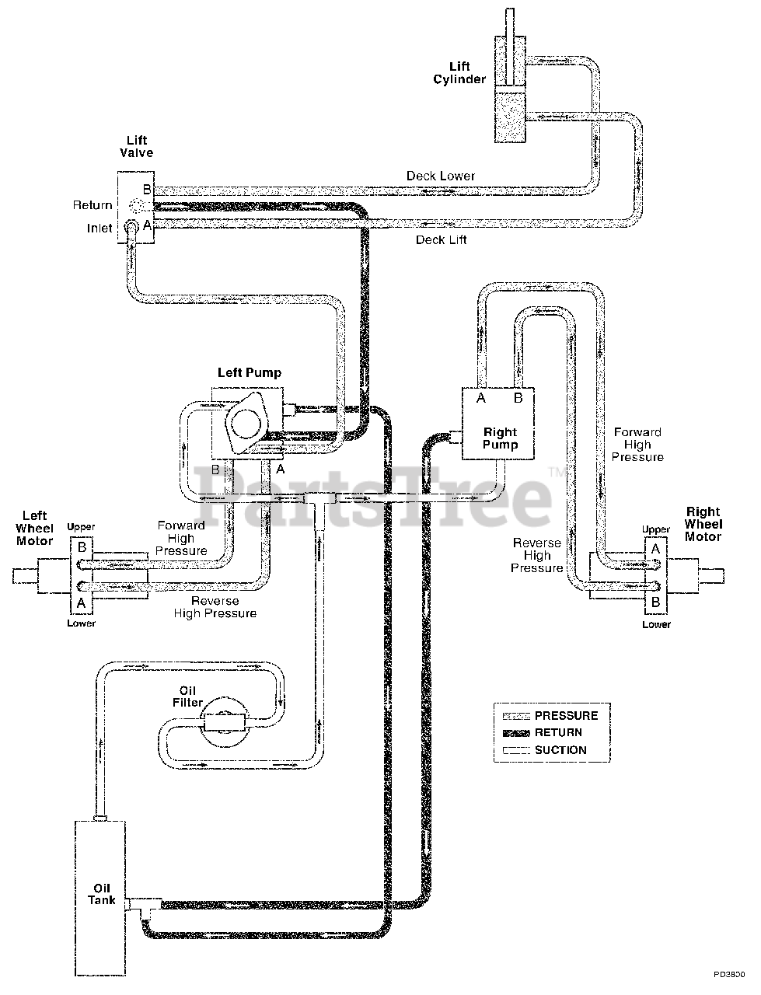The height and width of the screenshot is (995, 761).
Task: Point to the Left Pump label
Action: tap(249, 372)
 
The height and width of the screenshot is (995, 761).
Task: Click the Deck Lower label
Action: tap(440, 176)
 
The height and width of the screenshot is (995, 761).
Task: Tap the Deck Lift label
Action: tap(441, 239)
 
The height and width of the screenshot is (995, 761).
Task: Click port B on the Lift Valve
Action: tap(145, 190)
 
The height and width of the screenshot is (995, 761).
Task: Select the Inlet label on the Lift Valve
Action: tap(99, 229)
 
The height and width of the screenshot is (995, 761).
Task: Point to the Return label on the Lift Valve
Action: tap(93, 205)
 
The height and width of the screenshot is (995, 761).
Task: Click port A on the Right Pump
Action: tap(481, 399)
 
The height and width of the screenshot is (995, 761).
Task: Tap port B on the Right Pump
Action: tap(517, 399)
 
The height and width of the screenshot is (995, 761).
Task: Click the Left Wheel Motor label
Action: tap(34, 528)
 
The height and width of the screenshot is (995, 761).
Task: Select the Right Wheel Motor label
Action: tap(703, 524)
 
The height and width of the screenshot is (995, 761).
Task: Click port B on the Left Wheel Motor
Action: tap(82, 546)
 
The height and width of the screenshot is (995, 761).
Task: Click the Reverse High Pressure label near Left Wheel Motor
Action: tap(224, 607)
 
